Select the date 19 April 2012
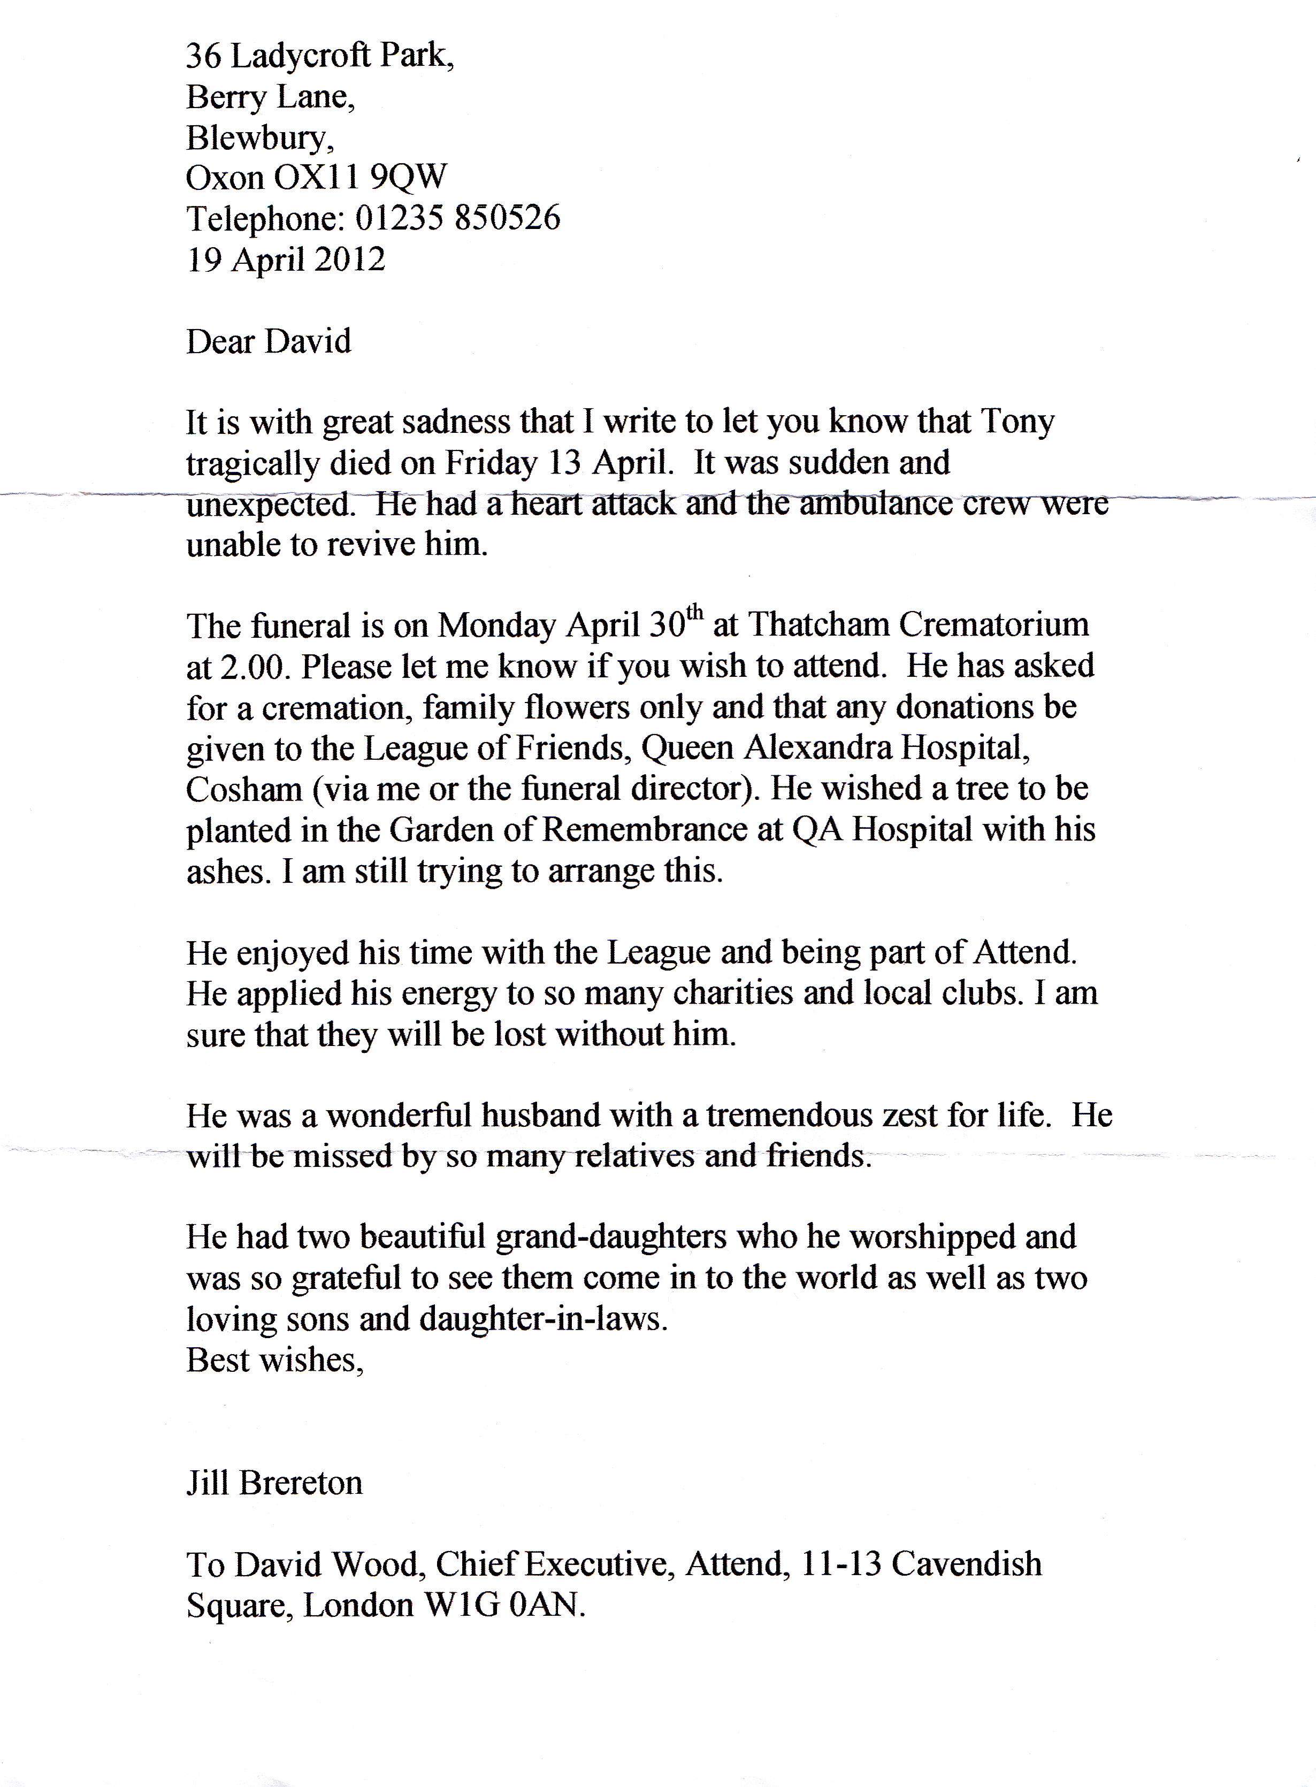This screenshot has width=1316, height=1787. (x=286, y=259)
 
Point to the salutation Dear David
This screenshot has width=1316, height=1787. (x=269, y=341)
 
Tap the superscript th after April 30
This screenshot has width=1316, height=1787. (x=695, y=613)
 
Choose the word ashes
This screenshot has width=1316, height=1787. (x=225, y=872)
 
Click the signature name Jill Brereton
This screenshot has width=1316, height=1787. (x=274, y=1483)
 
